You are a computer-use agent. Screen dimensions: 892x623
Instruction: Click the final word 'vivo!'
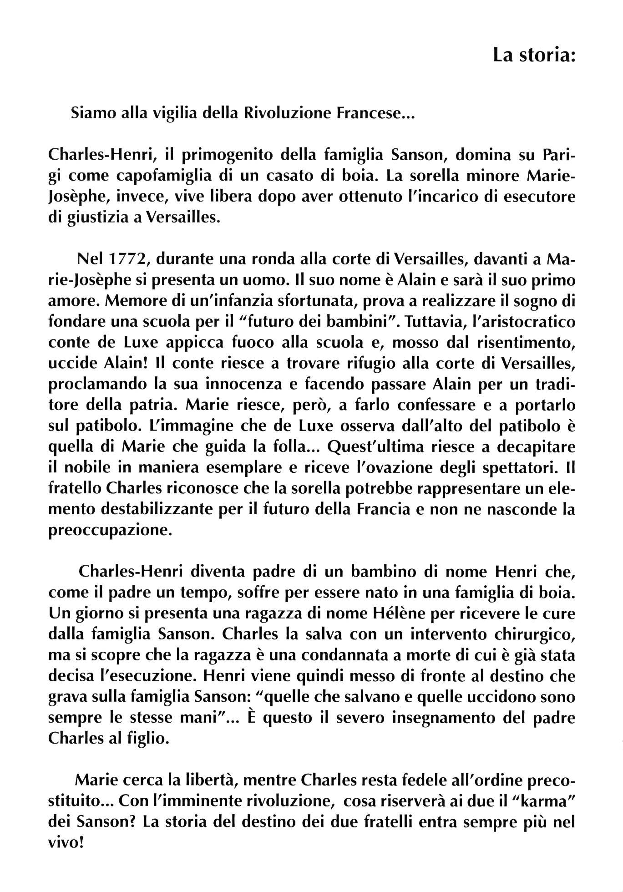[x=66, y=843]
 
